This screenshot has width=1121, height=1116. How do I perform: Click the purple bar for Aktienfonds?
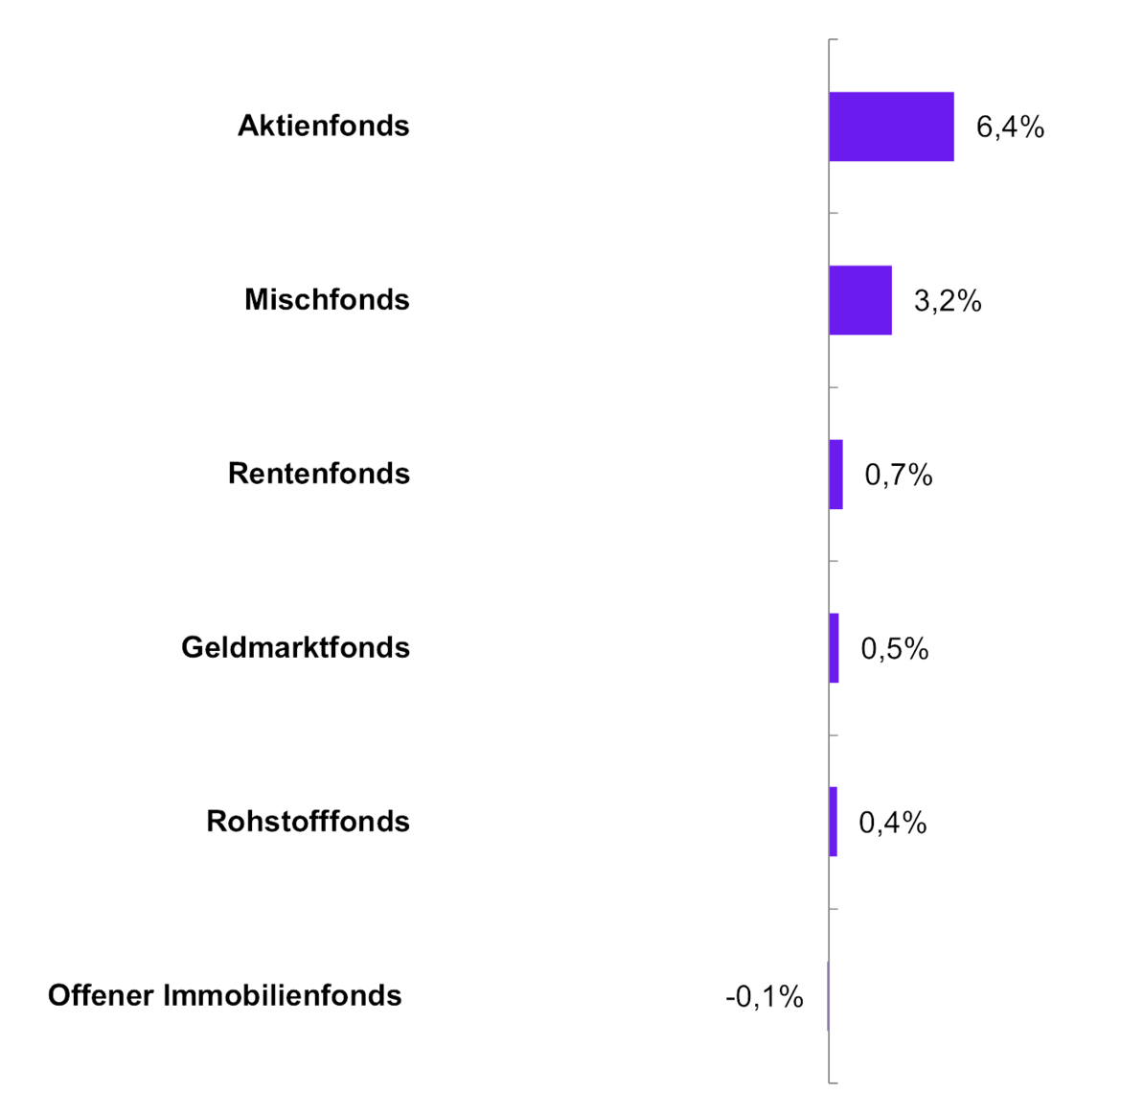(891, 127)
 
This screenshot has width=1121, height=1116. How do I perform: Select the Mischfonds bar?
(860, 300)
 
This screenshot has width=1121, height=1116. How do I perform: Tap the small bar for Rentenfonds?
(835, 475)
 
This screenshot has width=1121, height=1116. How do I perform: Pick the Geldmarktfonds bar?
(835, 648)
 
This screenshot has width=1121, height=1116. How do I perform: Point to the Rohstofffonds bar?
(834, 822)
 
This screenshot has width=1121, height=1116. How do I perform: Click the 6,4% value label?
(1010, 127)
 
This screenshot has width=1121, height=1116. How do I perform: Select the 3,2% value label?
(948, 301)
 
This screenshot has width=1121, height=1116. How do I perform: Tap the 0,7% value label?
(899, 475)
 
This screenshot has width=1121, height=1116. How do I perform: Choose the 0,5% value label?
(895, 649)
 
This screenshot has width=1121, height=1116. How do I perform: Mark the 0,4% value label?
(893, 823)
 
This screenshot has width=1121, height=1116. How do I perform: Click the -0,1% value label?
(764, 997)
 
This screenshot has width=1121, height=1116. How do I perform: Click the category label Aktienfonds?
(324, 126)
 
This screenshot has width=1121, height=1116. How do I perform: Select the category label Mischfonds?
(327, 300)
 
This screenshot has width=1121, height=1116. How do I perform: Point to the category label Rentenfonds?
(319, 474)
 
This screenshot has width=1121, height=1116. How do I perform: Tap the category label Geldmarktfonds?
(296, 648)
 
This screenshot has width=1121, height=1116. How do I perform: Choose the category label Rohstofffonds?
(309, 822)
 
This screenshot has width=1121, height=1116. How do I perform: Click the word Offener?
(101, 995)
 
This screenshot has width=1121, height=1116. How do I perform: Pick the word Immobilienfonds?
(283, 995)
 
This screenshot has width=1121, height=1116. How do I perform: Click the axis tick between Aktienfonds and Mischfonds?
(833, 213)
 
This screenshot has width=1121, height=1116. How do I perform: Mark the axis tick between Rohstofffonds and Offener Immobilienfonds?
(833, 909)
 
